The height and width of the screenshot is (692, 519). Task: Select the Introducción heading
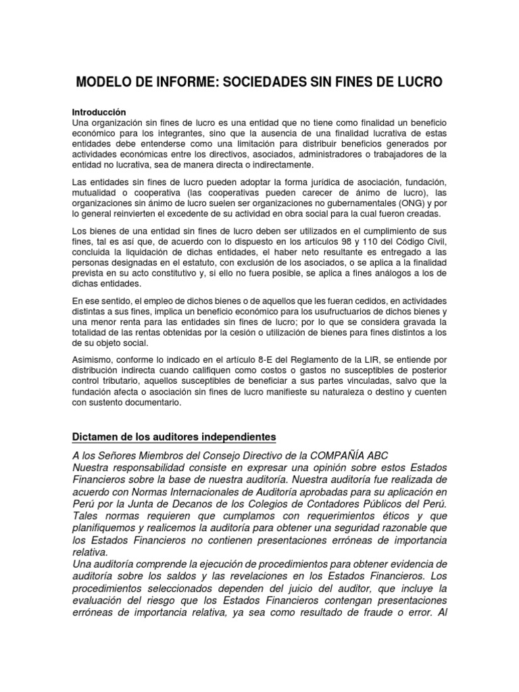pyautogui.click(x=99, y=112)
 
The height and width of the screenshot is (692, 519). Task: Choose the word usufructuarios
pyautogui.click(x=360, y=312)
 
